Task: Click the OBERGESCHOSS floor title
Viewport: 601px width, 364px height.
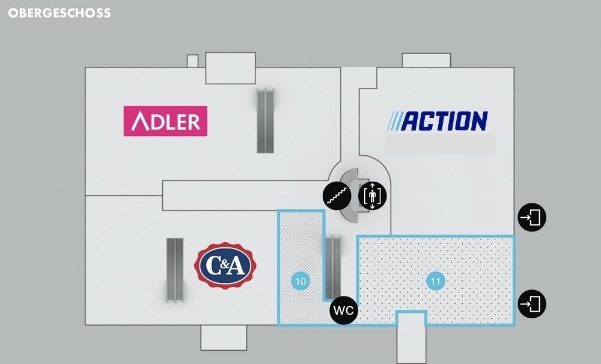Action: [x=59, y=13]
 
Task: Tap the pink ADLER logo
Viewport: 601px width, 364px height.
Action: [x=165, y=121]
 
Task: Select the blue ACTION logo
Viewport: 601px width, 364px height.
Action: [x=438, y=121]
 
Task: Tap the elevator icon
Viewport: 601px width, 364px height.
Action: [x=373, y=196]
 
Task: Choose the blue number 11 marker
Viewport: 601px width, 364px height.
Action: [x=436, y=280]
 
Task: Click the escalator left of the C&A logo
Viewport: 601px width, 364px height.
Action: [x=174, y=268]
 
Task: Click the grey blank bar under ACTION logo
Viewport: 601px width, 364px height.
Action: [x=440, y=145]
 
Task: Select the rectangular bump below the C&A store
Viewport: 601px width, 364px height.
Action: [x=224, y=337]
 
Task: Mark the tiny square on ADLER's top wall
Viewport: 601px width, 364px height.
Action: [x=192, y=61]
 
